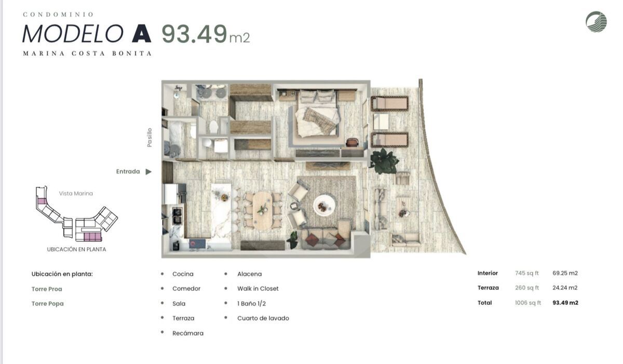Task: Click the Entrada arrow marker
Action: tap(149, 172)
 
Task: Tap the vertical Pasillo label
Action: tap(150, 138)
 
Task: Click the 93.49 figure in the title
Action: tap(194, 34)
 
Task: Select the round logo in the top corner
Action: tap(597, 22)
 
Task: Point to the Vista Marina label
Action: tap(76, 194)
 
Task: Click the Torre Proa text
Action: tap(47, 289)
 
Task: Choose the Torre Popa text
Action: tap(48, 304)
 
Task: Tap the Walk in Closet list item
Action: tap(258, 289)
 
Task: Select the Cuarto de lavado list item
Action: tap(263, 318)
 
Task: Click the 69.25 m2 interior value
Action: tap(565, 273)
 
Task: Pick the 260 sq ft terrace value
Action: tap(527, 288)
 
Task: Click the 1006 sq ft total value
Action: tap(528, 303)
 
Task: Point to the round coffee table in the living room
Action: tap(324, 205)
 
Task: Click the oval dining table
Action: tap(263, 210)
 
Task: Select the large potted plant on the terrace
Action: tap(384, 161)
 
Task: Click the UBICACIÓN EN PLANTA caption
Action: tap(76, 249)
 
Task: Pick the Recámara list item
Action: tap(188, 333)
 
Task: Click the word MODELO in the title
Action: tap(73, 34)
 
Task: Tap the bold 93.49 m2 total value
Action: tap(565, 303)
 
